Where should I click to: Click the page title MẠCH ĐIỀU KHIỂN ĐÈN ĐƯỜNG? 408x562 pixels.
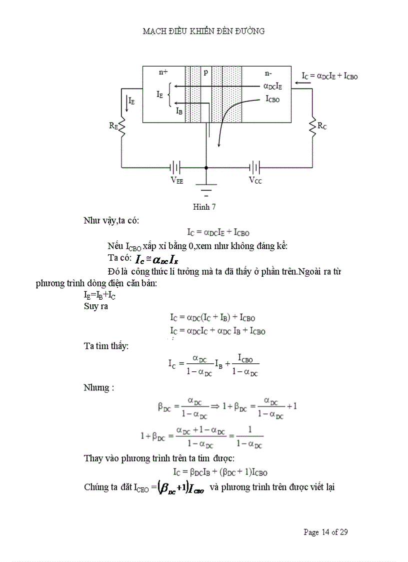pos(203,31)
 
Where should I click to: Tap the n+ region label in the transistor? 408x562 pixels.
pos(163,72)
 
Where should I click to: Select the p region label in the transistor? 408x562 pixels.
pos(205,72)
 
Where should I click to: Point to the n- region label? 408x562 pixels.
pos(268,73)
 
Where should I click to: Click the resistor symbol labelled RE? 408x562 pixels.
pos(121,128)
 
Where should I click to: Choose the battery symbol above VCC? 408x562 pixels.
pos(255,167)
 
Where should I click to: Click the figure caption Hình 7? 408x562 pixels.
pos(204,206)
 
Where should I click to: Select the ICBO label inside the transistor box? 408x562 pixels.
pos(272,99)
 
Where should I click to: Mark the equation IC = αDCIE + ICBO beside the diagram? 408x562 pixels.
pos(329,76)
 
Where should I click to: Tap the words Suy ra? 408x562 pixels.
pos(96,306)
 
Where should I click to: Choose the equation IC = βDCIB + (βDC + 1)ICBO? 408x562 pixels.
pos(218,472)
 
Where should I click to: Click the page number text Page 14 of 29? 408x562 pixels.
pos(325,532)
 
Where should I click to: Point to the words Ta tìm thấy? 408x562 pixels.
pos(106,345)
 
